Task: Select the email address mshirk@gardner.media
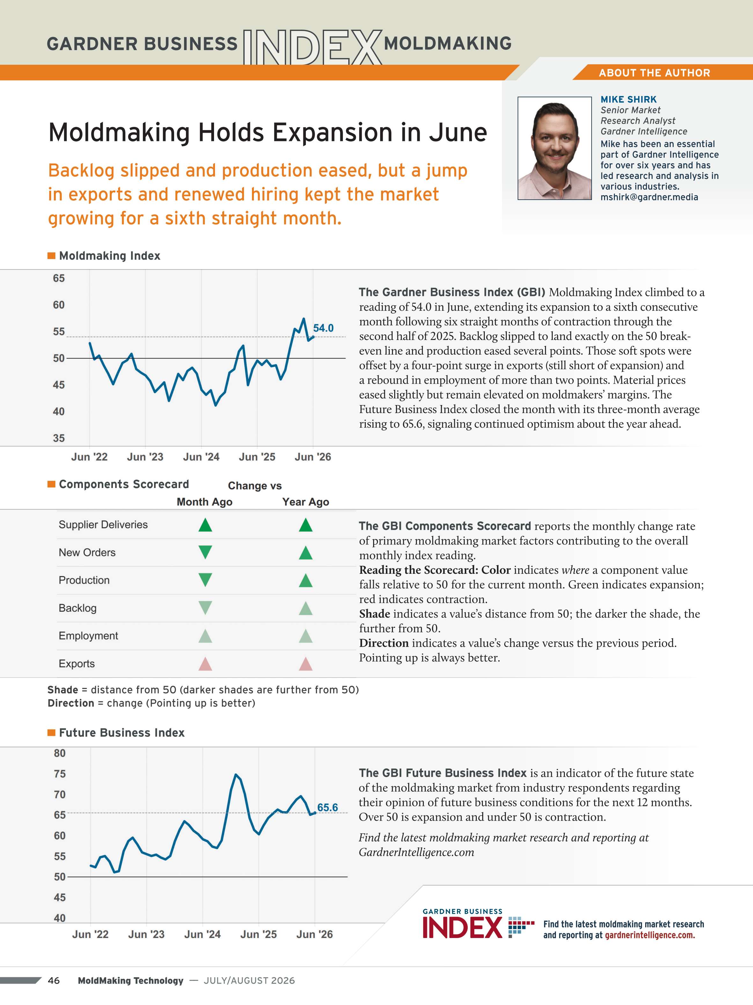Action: tap(649, 197)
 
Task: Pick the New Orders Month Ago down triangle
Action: tap(205, 552)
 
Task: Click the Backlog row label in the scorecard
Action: tap(78, 608)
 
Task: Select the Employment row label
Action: tap(88, 636)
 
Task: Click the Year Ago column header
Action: tap(306, 502)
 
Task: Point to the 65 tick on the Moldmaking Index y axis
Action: tap(59, 278)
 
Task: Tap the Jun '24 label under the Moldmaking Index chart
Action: tap(201, 457)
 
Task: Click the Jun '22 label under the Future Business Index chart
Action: tap(90, 934)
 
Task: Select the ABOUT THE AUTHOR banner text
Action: tap(654, 73)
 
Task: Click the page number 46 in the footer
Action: tap(54, 980)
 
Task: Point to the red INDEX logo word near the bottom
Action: tap(462, 928)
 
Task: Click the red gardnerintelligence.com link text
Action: tap(650, 935)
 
